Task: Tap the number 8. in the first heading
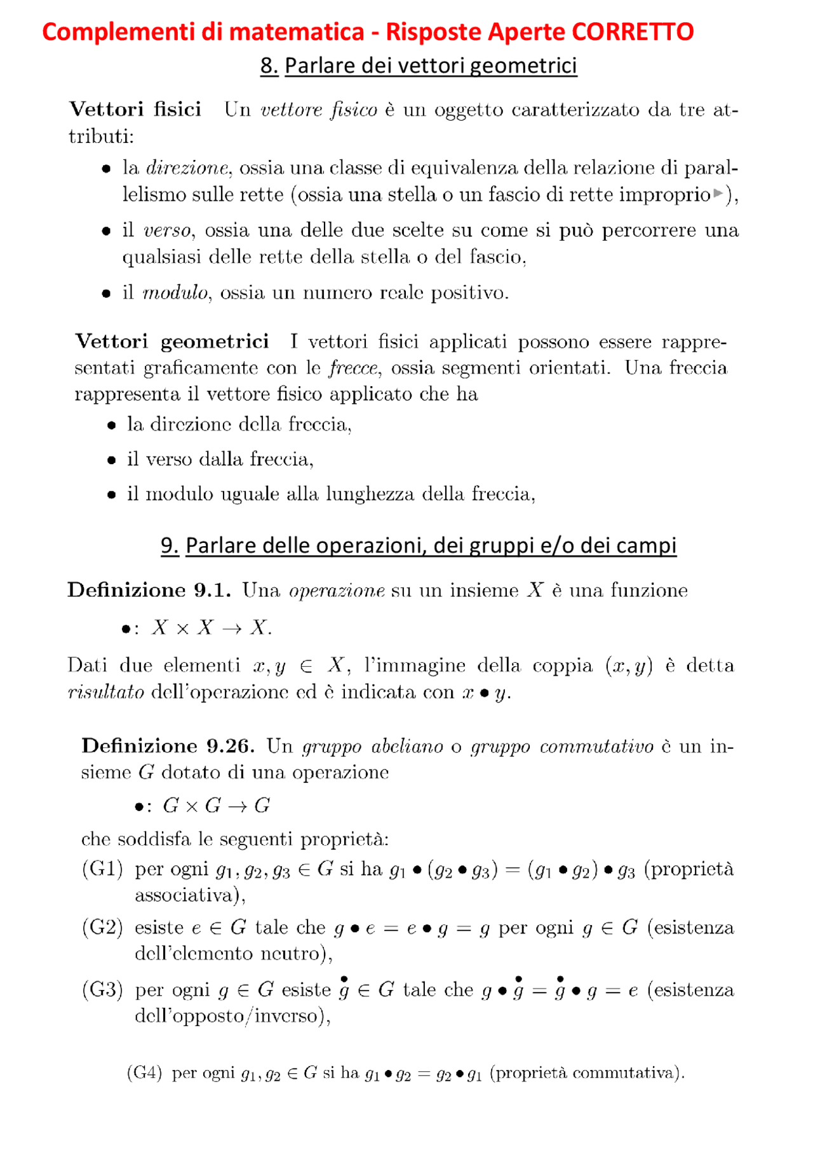pyautogui.click(x=269, y=65)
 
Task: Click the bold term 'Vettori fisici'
pyautogui.click(x=135, y=109)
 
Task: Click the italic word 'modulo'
pyautogui.click(x=175, y=293)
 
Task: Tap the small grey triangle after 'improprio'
pyautogui.click(x=718, y=193)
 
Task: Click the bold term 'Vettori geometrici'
pyautogui.click(x=171, y=342)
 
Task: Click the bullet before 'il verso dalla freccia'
pyautogui.click(x=112, y=460)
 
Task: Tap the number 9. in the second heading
pyautogui.click(x=169, y=545)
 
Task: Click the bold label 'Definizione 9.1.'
pyautogui.click(x=149, y=591)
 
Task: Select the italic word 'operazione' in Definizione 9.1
pyautogui.click(x=336, y=591)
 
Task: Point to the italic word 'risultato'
pyautogui.click(x=105, y=692)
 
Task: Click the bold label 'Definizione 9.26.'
pyautogui.click(x=168, y=746)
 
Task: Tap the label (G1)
pyautogui.click(x=102, y=869)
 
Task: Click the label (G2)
pyautogui.click(x=102, y=928)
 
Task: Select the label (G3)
pyautogui.click(x=102, y=990)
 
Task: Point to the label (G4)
pyautogui.click(x=144, y=1073)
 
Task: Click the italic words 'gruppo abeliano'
pyautogui.click(x=372, y=747)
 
